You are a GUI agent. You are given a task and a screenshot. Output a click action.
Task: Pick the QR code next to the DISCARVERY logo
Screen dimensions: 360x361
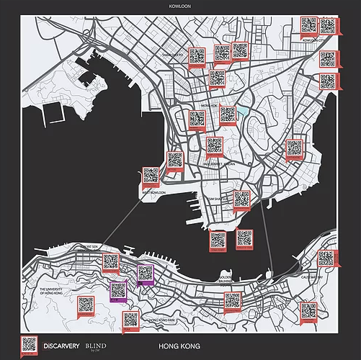29,345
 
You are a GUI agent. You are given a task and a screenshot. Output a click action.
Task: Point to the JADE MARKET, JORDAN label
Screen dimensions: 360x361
215,163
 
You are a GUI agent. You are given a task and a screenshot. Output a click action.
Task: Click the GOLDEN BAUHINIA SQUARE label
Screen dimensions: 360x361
226,279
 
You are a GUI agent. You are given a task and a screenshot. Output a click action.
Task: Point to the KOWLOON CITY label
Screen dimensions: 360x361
316,40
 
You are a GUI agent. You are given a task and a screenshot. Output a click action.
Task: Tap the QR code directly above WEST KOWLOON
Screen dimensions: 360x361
151,176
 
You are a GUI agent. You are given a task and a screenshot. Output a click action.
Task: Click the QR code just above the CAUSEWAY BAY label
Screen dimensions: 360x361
326,258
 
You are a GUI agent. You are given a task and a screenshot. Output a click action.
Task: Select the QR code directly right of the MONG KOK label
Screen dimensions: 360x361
228,114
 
